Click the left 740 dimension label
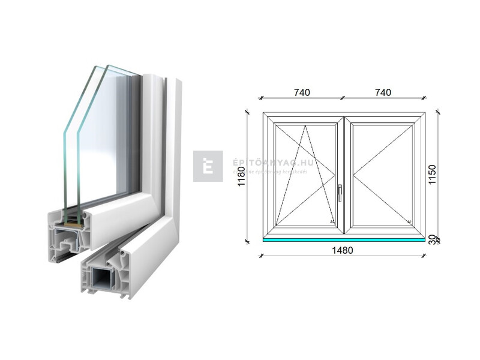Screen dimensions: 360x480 click(x=301, y=92)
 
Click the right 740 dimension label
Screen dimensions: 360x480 click(x=383, y=92)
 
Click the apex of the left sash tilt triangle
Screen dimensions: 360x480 click(x=305, y=126)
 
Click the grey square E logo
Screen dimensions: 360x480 click(x=208, y=166)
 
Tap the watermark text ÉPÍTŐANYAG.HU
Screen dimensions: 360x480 click(x=265, y=163)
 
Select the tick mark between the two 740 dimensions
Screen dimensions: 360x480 click(x=342, y=98)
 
